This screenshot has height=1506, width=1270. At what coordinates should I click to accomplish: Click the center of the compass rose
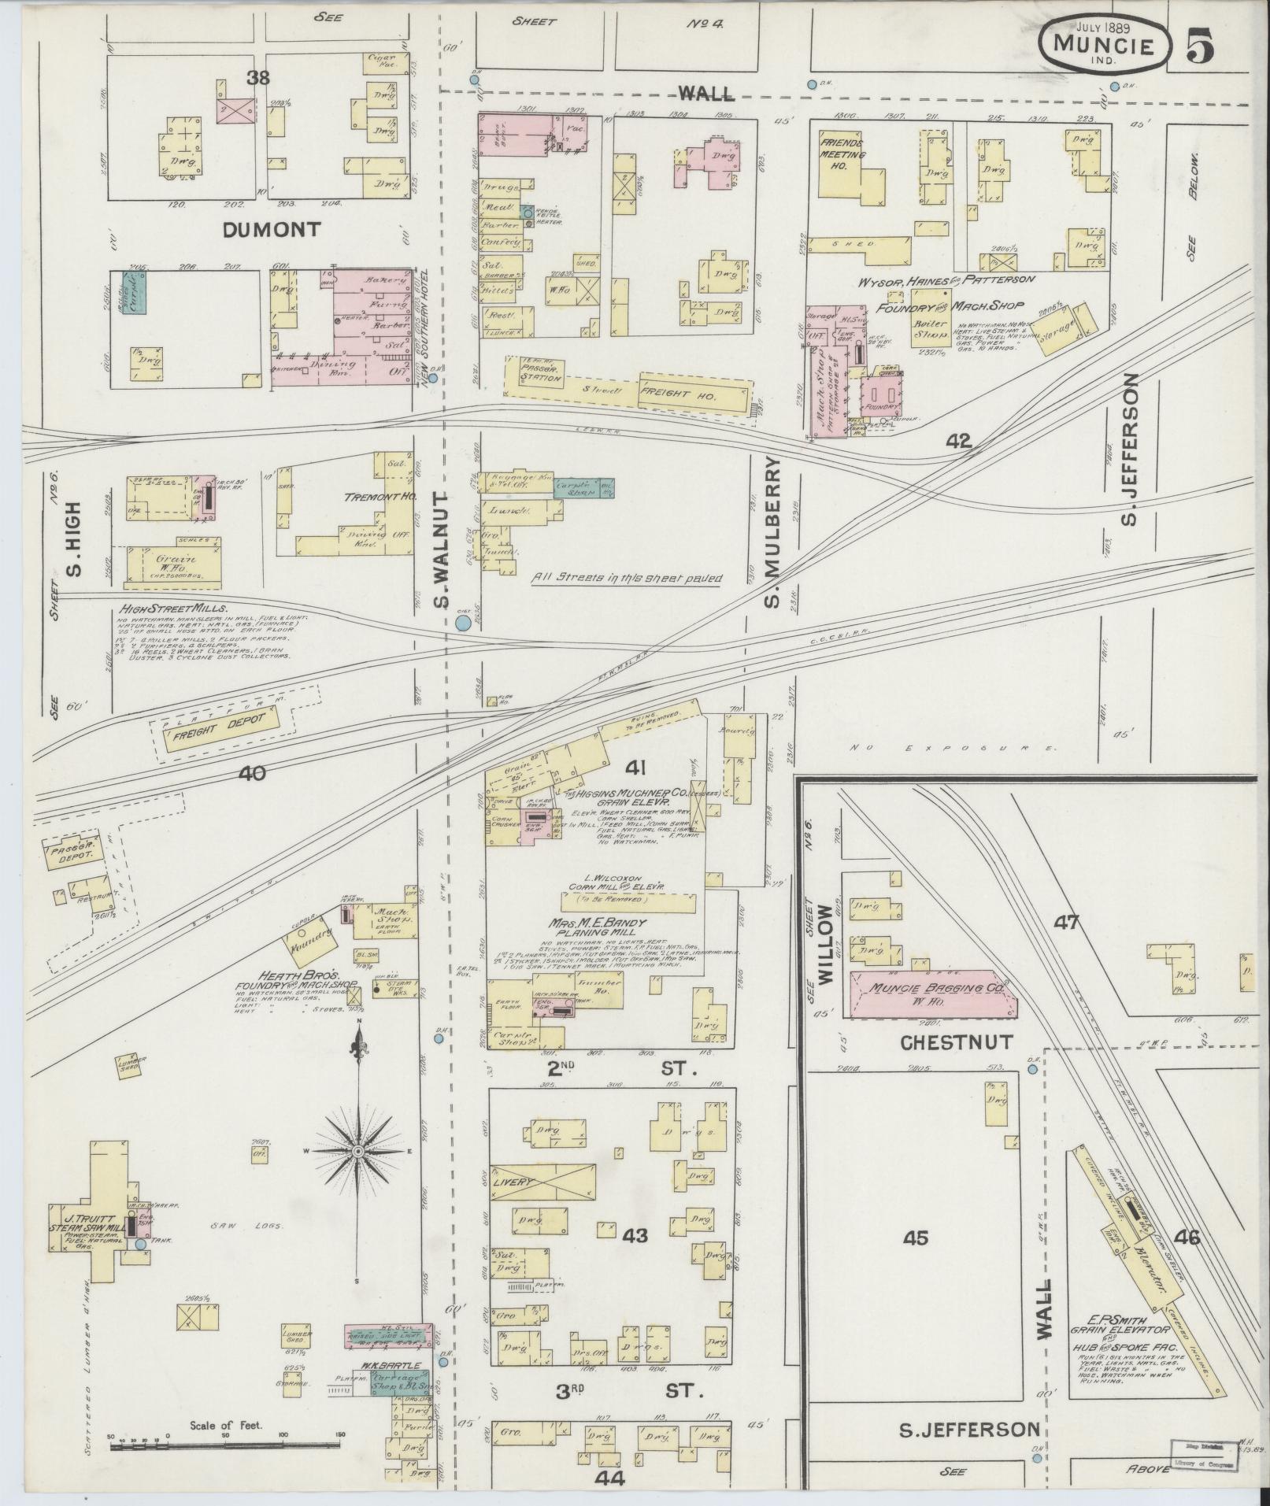(x=358, y=1152)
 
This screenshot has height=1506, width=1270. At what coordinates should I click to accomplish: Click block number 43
(x=635, y=1235)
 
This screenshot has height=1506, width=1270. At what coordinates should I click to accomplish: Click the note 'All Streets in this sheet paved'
(x=626, y=577)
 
